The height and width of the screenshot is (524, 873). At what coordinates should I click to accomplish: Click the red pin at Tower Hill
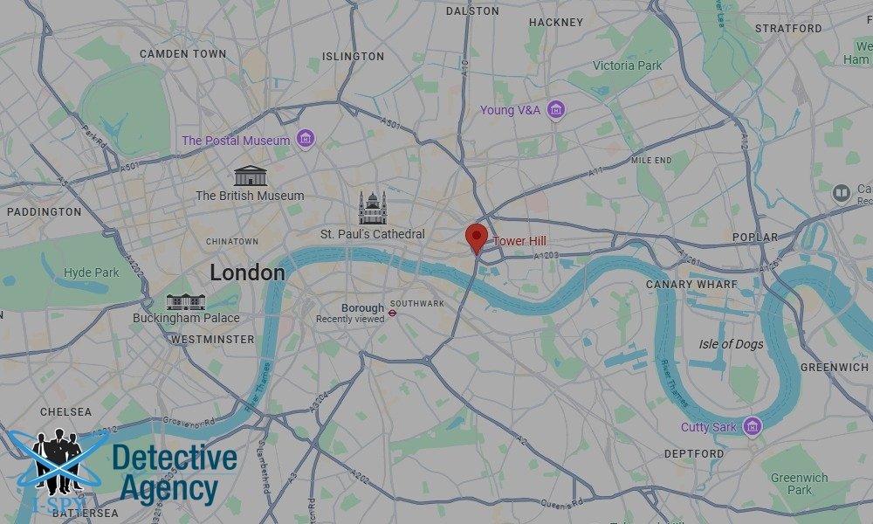pyautogui.click(x=476, y=237)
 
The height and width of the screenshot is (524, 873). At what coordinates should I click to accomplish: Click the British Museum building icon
pyautogui.click(x=251, y=175)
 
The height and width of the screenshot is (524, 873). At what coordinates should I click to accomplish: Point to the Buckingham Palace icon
pyautogui.click(x=186, y=302)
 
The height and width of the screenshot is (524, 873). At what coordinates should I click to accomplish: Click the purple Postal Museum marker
pyautogui.click(x=306, y=139)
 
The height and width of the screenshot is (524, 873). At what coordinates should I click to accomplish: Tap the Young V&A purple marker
pyautogui.click(x=556, y=110)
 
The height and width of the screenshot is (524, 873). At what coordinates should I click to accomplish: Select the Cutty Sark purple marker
pyautogui.click(x=753, y=426)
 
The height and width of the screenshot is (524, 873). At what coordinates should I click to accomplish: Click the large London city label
pyautogui.click(x=247, y=272)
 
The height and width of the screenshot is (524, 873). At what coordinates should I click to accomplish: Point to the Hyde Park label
pyautogui.click(x=92, y=272)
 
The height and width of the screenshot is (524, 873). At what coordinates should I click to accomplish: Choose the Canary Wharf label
pyautogui.click(x=691, y=285)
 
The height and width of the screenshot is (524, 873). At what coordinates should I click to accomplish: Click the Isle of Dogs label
pyautogui.click(x=731, y=344)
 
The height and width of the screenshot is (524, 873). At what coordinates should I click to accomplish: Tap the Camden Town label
pyautogui.click(x=182, y=54)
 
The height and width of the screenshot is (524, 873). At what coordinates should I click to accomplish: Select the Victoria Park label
pyautogui.click(x=628, y=65)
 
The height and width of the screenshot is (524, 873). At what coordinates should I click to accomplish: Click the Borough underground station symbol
pyautogui.click(x=394, y=308)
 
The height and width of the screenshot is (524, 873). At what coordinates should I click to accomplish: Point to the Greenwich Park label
pyautogui.click(x=799, y=484)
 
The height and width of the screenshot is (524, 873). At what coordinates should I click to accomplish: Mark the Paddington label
pyautogui.click(x=44, y=211)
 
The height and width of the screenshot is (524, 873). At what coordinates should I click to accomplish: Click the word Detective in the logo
pyautogui.click(x=175, y=458)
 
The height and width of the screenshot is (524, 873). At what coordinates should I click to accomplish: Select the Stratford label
pyautogui.click(x=788, y=28)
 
